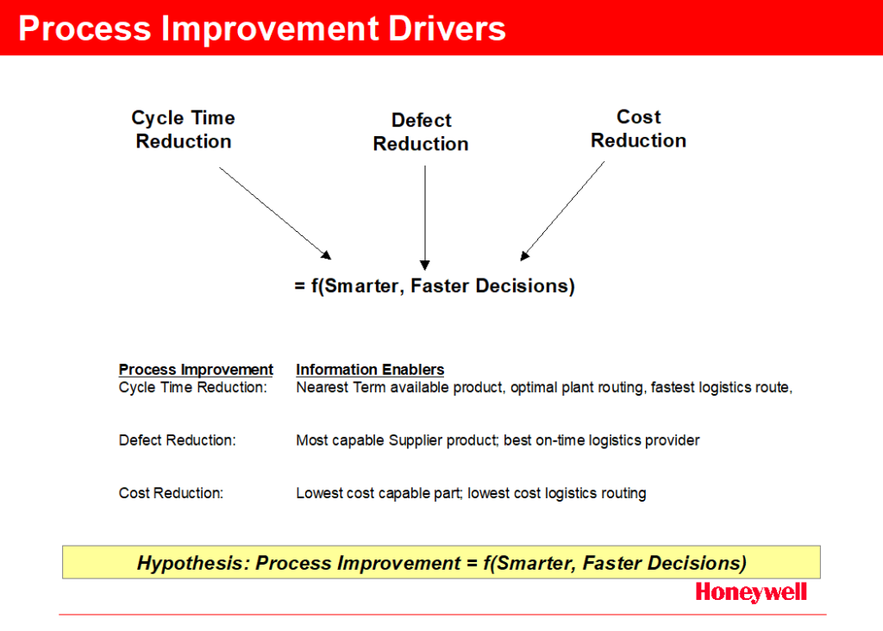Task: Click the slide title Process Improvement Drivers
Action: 262,28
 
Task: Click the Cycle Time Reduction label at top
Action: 184,129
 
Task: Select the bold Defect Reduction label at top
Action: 421,132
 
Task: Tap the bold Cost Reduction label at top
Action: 639,128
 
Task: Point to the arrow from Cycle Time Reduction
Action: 275,213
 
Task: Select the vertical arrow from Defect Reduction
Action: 425,218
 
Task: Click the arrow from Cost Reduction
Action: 562,211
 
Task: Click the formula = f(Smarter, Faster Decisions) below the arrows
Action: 435,286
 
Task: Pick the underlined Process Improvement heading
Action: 196,370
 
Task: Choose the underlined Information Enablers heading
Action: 370,370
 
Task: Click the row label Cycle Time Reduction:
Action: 192,388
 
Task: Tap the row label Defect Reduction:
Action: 178,440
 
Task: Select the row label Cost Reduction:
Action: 172,493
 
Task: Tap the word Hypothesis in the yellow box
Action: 193,563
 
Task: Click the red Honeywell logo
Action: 751,593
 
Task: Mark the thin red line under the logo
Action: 442,615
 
